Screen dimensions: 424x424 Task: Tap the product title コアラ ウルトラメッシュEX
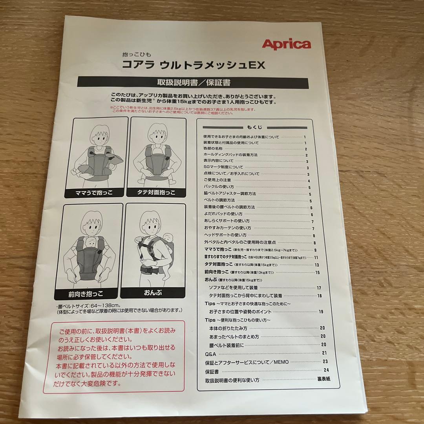[194, 64]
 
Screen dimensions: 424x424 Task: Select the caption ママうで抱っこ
[96, 192]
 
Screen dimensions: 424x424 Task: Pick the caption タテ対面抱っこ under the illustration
[156, 192]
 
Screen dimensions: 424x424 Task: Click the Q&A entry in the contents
[211, 353]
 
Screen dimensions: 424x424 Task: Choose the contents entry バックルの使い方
[219, 187]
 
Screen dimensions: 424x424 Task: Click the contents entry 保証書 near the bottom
[212, 371]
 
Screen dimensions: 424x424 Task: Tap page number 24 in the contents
[326, 370]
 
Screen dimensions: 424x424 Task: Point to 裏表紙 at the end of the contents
[324, 379]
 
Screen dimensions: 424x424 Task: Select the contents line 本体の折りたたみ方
[228, 328]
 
